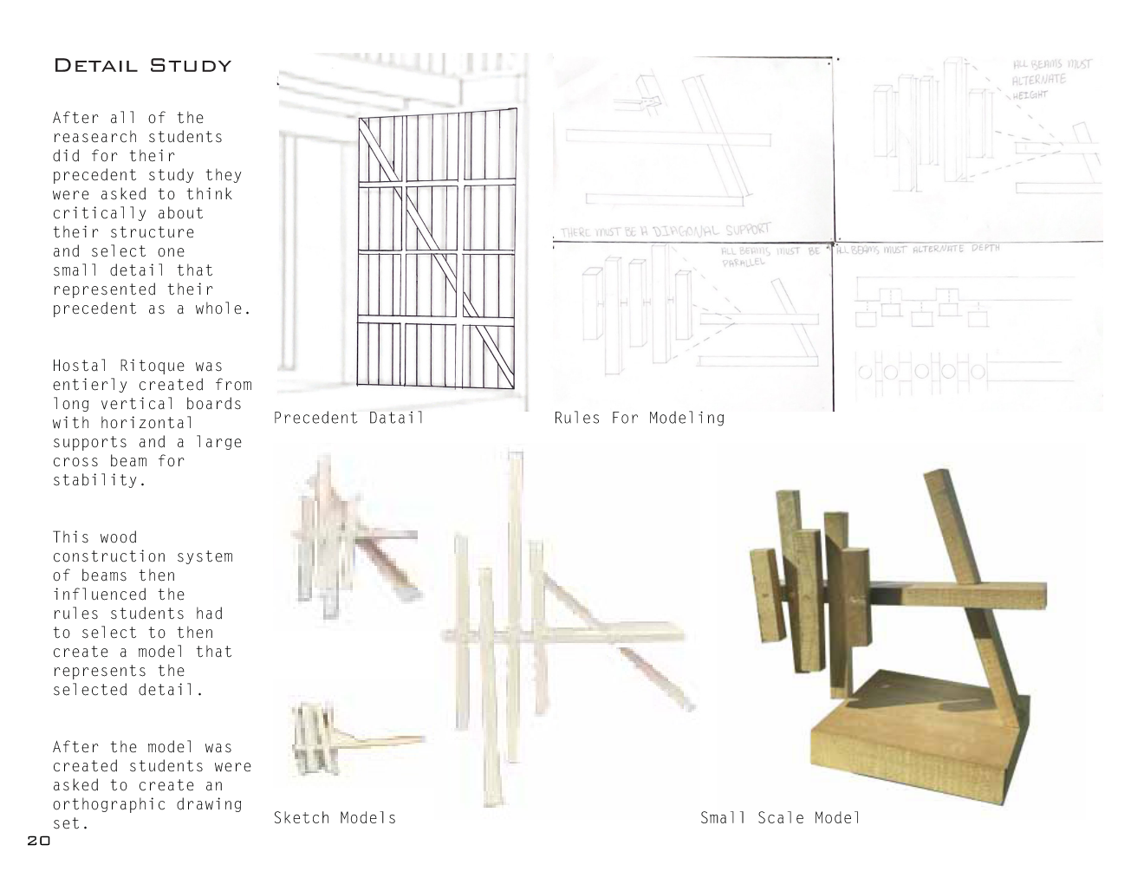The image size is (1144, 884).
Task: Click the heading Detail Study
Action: [x=143, y=66]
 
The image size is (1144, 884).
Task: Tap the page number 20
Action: [x=39, y=841]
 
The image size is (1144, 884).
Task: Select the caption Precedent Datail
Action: [x=348, y=418]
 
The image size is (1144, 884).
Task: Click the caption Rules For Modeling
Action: [x=639, y=418]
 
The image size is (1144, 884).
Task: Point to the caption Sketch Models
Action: [x=335, y=817]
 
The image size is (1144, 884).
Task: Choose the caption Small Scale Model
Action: [x=780, y=817]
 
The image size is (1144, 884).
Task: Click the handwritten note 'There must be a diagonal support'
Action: [x=665, y=231]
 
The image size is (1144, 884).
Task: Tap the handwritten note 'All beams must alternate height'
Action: [x=1051, y=79]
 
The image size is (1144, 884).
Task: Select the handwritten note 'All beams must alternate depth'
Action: [x=919, y=249]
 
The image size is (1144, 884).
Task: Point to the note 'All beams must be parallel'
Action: [x=770, y=256]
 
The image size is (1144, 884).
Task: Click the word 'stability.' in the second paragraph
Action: [x=98, y=480]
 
